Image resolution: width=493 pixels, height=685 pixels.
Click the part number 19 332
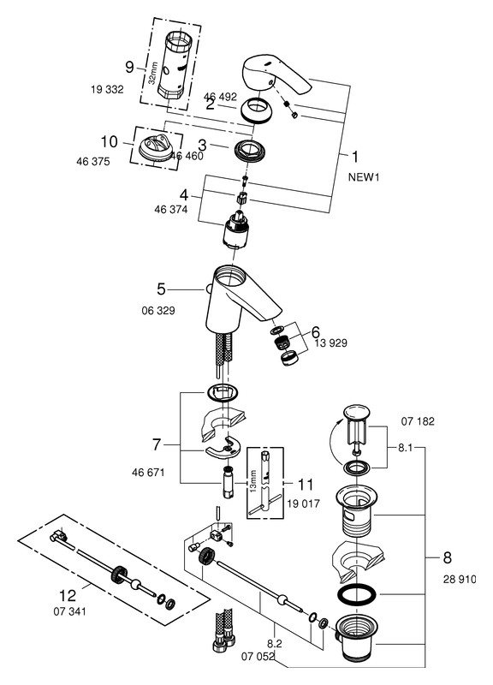click(x=107, y=90)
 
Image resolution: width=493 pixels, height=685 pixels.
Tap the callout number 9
click(x=129, y=68)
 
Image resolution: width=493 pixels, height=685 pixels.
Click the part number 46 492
click(x=220, y=97)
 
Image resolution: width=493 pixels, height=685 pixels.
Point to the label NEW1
click(x=364, y=177)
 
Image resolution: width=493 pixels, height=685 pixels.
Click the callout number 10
click(x=110, y=141)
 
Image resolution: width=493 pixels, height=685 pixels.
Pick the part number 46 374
click(x=170, y=210)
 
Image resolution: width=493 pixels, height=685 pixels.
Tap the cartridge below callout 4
click(x=236, y=229)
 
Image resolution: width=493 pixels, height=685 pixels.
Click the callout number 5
click(x=161, y=289)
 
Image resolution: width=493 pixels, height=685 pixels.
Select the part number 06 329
click(x=158, y=311)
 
